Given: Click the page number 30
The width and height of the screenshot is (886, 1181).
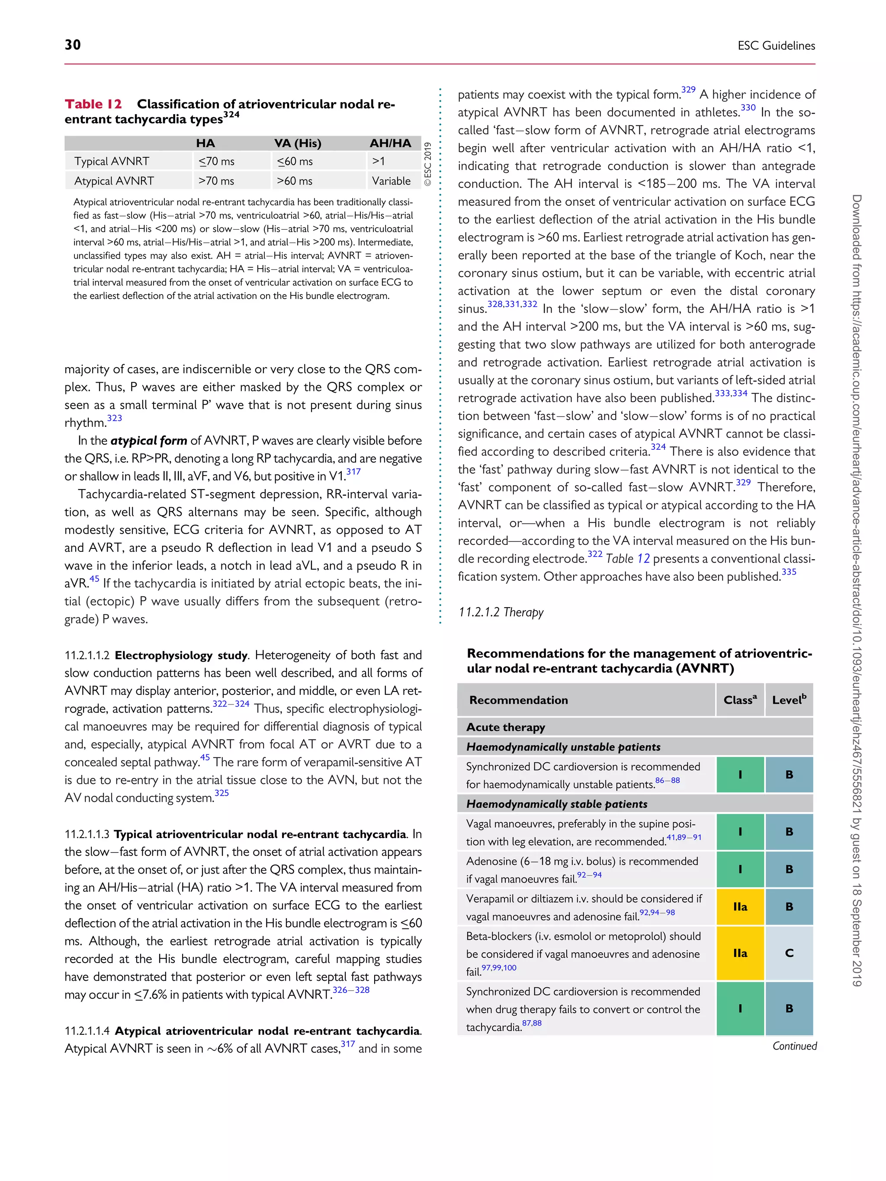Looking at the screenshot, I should (x=73, y=45).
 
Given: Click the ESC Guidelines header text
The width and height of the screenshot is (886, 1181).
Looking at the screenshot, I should (x=776, y=46).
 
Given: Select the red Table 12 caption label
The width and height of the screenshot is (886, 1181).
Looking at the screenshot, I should (x=93, y=104).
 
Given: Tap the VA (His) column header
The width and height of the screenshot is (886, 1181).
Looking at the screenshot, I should (x=298, y=143).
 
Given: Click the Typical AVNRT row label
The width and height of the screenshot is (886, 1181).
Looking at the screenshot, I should (x=112, y=161).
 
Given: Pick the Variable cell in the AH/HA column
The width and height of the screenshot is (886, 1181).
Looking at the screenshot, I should (x=391, y=181).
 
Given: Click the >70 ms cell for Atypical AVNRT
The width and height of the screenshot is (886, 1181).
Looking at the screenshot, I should (x=216, y=181).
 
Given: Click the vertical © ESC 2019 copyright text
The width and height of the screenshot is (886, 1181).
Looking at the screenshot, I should (x=428, y=164).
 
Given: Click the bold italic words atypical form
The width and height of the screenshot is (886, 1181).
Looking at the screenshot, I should (x=148, y=441).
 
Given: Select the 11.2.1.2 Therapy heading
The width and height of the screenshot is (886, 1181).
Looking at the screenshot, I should (x=501, y=612).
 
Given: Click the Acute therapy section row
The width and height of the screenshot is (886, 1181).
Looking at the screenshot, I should (x=505, y=727).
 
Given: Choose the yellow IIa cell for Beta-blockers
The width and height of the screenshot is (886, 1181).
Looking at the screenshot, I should (x=740, y=953).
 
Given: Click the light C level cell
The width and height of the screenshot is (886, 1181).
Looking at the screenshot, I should (x=789, y=953).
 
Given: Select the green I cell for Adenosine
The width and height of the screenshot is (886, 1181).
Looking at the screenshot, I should (x=740, y=869).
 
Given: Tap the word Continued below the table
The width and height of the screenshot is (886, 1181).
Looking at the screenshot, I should (x=794, y=1046).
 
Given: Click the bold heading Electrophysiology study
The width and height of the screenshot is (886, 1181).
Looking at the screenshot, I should (x=181, y=656).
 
